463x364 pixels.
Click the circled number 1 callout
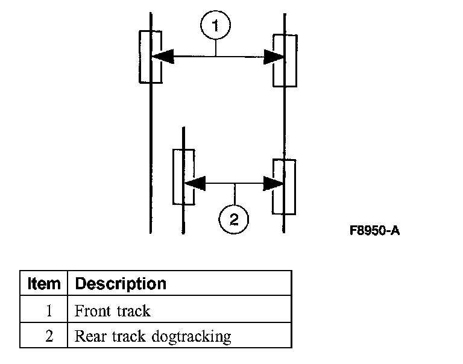pos(216,25)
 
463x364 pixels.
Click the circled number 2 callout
pos(233,219)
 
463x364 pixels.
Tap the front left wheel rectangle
pos(140,57)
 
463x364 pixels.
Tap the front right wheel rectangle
pos(296,60)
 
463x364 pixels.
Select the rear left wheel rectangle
pos(174,177)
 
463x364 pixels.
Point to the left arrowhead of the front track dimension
pos(162,56)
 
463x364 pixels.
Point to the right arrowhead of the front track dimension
pos(274,57)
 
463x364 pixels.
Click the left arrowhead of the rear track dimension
pos(195,183)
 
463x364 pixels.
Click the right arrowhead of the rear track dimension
pos(274,184)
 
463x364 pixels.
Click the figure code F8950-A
pos(374,230)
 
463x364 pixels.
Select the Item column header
pos(44,284)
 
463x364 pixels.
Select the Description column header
pos(121,284)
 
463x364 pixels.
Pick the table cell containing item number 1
pos(43,309)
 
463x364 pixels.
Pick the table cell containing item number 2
pos(43,335)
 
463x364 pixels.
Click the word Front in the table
pos(92,311)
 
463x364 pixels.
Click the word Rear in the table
pos(90,336)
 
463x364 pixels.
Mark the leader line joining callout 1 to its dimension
pos(216,48)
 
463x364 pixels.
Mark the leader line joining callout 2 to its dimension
pos(235,194)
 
